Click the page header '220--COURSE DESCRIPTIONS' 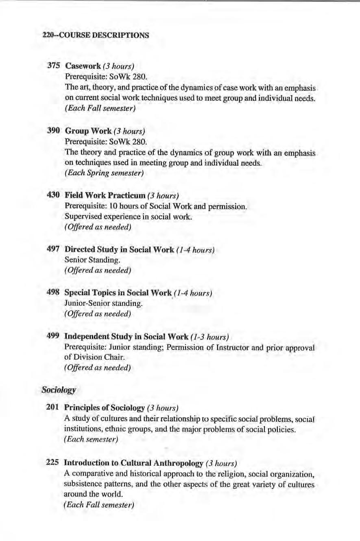tap(96, 35)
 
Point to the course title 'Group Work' tap(88, 131)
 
